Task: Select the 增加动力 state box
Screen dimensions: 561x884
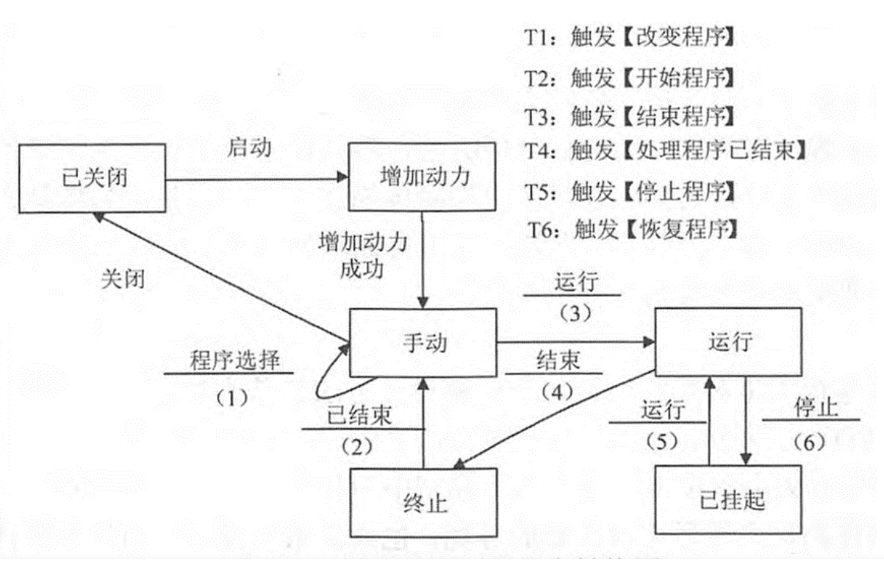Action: click(426, 178)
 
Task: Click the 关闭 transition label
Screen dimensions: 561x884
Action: click(122, 279)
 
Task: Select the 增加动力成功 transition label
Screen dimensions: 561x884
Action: click(362, 254)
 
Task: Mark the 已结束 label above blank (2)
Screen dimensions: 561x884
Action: click(359, 415)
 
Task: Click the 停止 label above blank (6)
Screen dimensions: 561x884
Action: click(816, 407)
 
